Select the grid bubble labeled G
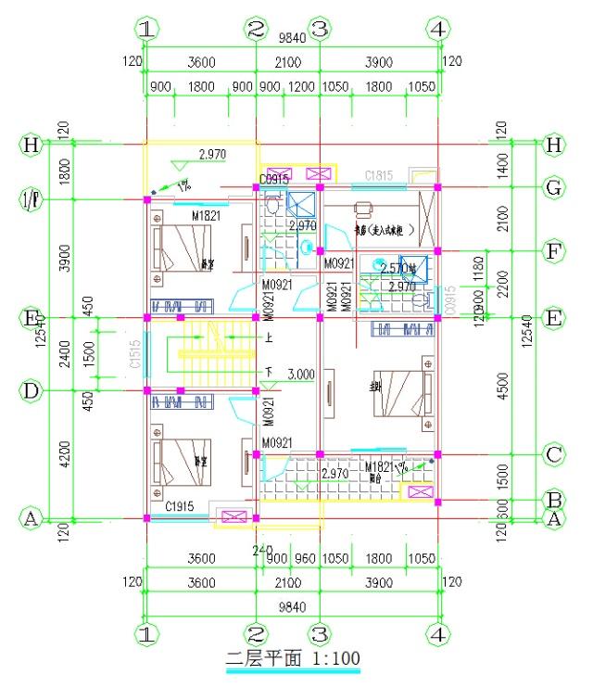[x=554, y=188]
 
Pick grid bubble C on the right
[x=554, y=454]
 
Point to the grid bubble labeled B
[x=554, y=499]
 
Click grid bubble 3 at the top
[x=319, y=29]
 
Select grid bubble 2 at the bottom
[x=256, y=635]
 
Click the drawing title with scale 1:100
[x=293, y=658]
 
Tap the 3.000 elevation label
[x=302, y=375]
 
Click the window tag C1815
[x=380, y=174]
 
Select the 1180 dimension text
[x=479, y=267]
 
